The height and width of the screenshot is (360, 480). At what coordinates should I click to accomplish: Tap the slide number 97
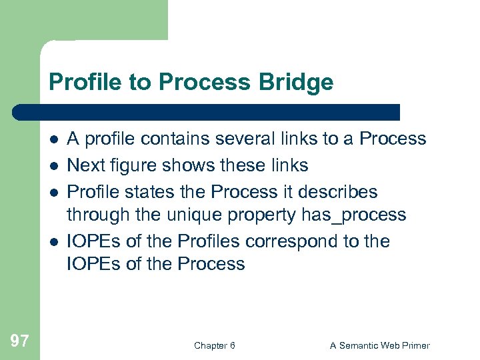click(20, 341)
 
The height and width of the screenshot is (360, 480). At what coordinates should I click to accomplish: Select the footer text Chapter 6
click(214, 345)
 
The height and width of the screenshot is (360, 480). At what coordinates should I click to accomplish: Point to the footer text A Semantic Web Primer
click(380, 345)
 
